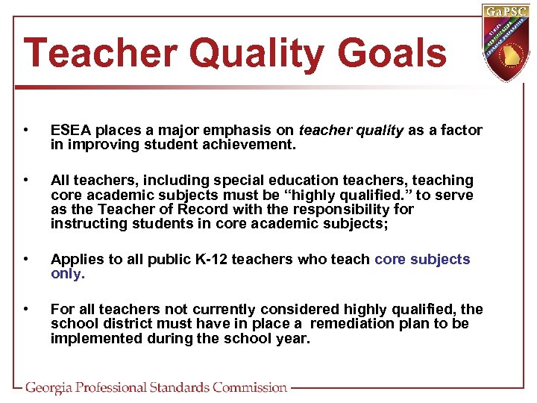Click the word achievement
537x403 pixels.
254,145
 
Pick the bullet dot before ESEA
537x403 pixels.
28,131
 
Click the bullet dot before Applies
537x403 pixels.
28,260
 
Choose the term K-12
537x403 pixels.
216,260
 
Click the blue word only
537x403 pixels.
68,273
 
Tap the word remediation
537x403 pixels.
357,323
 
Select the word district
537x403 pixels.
127,323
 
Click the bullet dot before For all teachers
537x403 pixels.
28,309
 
